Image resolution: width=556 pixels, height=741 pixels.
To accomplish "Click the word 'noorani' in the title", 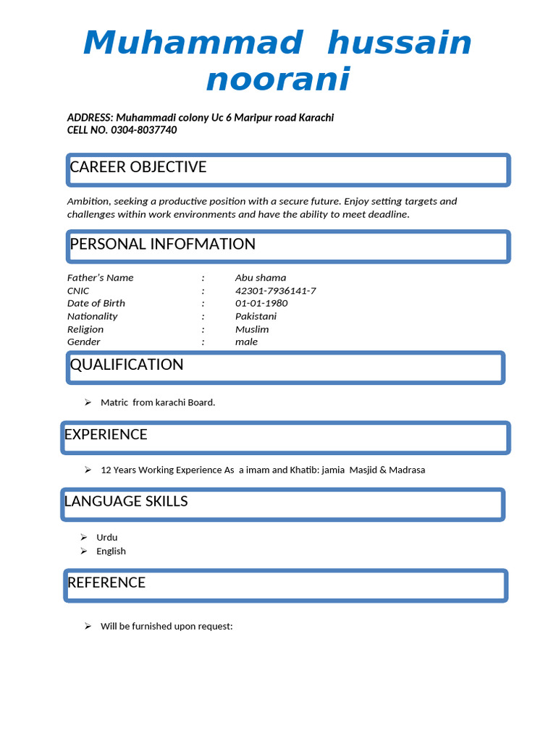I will click(277, 79).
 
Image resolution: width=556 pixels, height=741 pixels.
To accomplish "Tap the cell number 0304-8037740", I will click(143, 130).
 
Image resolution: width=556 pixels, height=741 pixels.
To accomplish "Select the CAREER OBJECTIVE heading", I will click(138, 167).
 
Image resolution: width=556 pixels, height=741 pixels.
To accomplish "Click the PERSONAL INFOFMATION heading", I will click(163, 245).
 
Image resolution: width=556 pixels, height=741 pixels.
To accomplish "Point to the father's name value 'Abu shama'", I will click(261, 278).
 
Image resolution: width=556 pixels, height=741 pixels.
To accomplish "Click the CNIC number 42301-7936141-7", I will click(275, 291).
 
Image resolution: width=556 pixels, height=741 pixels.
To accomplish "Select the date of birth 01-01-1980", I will click(261, 303).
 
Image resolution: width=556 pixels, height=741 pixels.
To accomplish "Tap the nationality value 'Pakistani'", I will click(256, 316).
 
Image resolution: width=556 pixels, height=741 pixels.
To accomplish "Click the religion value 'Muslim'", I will click(252, 329).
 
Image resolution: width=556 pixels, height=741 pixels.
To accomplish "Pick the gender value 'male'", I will click(246, 342).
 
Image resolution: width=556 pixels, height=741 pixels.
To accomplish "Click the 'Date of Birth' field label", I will click(96, 303).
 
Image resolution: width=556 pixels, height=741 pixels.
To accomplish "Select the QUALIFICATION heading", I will click(127, 365).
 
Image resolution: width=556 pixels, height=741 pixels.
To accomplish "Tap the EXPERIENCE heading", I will click(106, 435).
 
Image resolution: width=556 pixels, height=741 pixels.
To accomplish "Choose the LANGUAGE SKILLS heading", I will click(126, 501).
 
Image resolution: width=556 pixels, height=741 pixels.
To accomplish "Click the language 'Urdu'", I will click(107, 538).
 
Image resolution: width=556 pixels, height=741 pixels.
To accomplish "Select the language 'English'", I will click(111, 551).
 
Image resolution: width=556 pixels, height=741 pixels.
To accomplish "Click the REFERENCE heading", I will click(106, 583).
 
